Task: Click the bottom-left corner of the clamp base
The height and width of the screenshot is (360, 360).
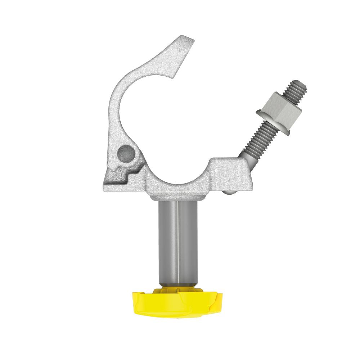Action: [x=105, y=188]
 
